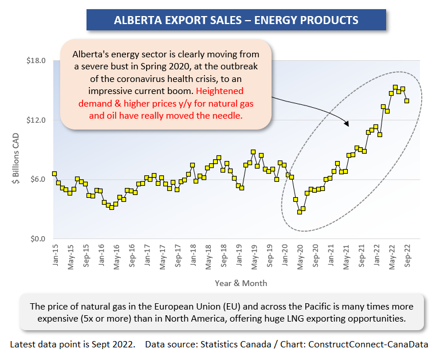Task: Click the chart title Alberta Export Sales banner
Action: [x=236, y=20]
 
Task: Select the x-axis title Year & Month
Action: [x=241, y=283]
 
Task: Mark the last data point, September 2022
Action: [x=407, y=100]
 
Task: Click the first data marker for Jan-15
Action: [x=54, y=173]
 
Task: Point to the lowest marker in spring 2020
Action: [x=299, y=212]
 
